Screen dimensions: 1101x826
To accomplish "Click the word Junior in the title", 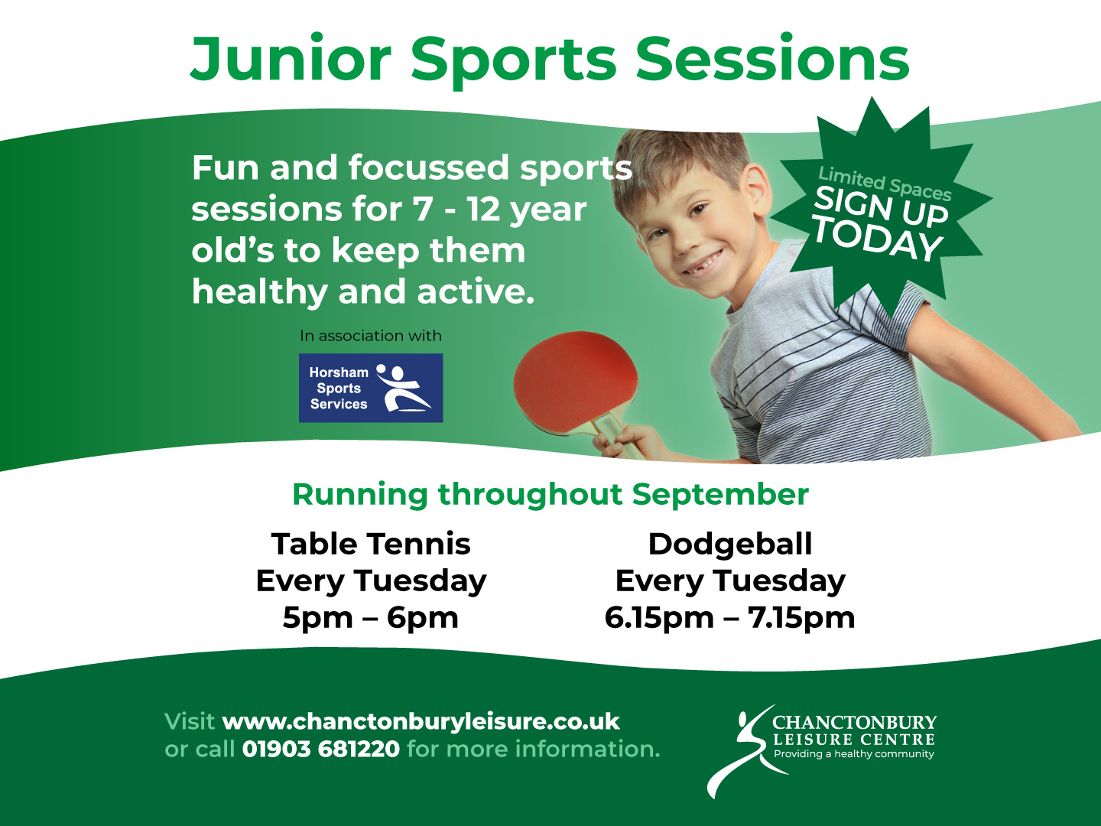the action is coord(291,59).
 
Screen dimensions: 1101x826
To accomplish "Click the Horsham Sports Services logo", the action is coord(371,388).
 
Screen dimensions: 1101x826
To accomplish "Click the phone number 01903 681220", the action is coord(321,750).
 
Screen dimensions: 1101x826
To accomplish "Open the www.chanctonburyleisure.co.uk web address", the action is coord(421,722).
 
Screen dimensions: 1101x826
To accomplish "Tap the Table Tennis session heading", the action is coord(371,544).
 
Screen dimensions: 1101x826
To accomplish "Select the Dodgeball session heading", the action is coord(730,544).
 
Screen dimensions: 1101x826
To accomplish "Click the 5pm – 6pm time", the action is coord(371,617).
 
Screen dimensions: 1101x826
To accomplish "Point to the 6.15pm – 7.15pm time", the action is coord(730,617).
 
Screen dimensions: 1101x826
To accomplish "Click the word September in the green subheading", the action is coord(720,495).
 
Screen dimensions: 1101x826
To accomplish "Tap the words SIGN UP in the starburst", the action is coord(881,206).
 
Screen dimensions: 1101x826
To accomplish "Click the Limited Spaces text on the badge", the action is coord(885,184).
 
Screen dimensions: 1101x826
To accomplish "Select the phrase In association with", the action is coord(371,336).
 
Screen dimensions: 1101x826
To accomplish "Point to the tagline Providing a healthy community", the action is coord(854,754).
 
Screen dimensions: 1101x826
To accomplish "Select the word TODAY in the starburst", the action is coord(877,239).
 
